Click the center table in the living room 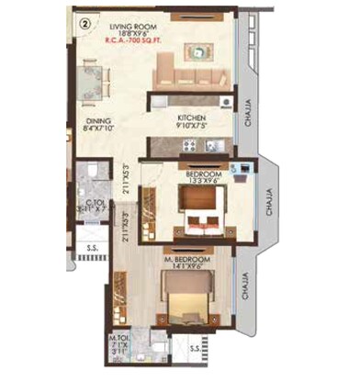200,52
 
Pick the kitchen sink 210,144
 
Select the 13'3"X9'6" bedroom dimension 203,181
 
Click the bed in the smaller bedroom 199,219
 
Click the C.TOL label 94,204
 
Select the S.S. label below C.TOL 93,249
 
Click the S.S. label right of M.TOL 195,349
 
